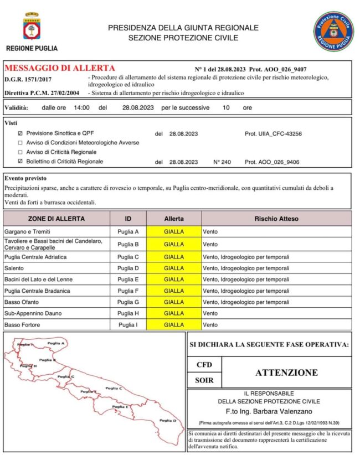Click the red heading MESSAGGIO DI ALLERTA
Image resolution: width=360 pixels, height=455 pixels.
60,68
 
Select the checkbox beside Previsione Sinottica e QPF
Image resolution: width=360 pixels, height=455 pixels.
20,134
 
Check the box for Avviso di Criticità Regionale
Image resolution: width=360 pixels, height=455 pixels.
20,152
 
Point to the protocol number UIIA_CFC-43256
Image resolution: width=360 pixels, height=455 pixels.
273,134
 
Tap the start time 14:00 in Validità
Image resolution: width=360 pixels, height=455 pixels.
81,108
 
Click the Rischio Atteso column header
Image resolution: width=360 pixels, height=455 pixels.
276,219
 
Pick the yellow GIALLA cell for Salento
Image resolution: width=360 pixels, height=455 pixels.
174,268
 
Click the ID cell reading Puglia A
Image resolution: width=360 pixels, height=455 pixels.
128,231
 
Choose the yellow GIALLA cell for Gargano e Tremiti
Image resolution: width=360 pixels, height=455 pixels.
174,231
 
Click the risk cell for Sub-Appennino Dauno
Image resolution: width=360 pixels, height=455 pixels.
210,313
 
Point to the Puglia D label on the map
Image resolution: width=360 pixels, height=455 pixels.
168,420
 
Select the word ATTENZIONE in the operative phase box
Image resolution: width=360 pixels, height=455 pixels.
286,373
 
